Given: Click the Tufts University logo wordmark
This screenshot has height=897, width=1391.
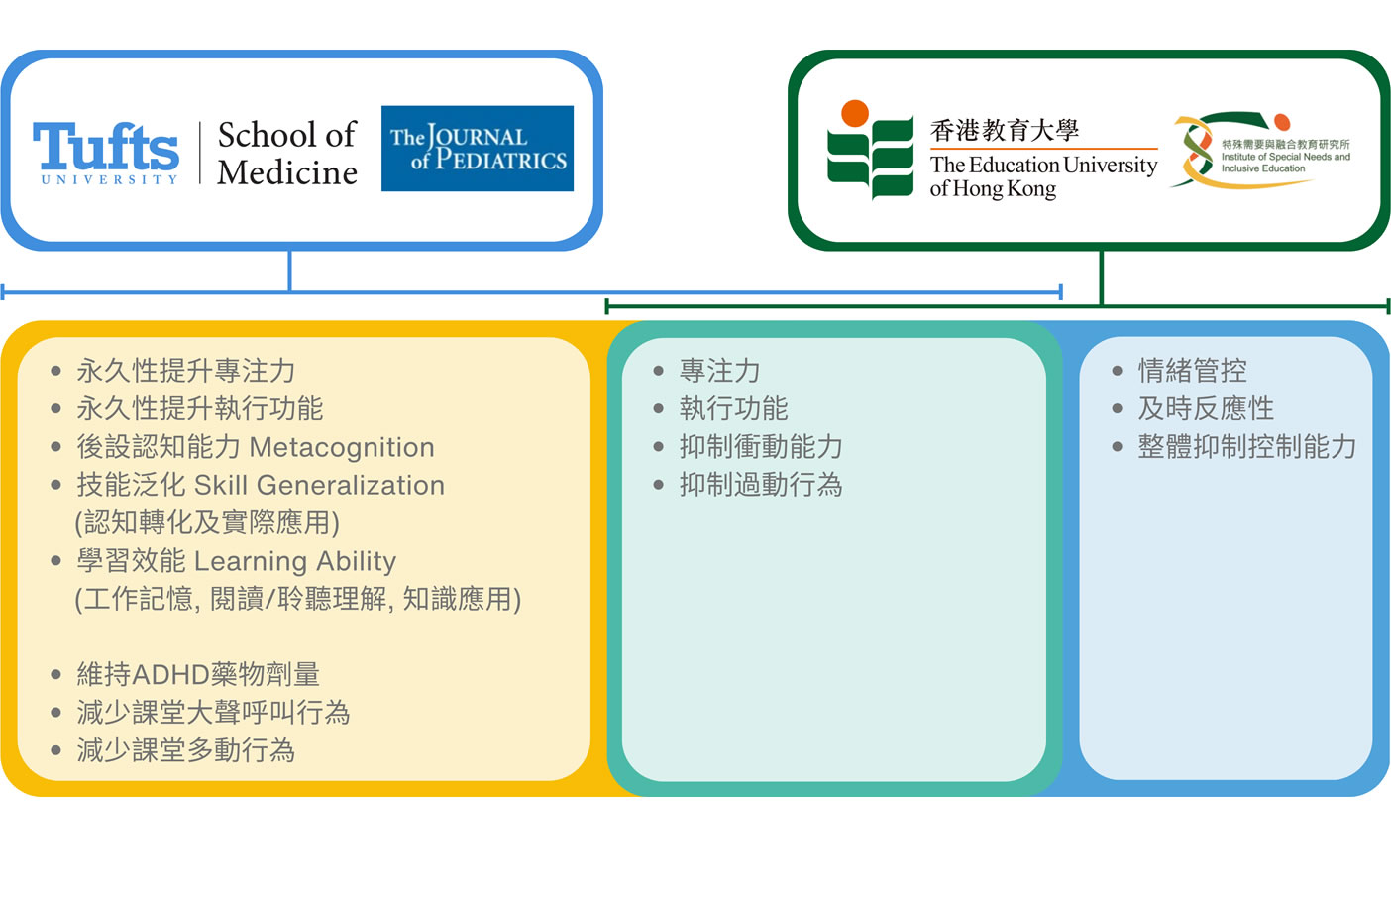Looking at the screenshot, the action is (x=106, y=153).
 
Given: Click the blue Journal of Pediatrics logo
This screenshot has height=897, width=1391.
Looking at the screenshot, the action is (x=477, y=149).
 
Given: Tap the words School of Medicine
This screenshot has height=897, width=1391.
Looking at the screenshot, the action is (x=287, y=153).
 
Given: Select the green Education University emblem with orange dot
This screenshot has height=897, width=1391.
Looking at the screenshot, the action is (x=871, y=150).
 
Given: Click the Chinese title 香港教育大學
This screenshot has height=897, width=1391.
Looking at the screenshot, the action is (x=1005, y=130).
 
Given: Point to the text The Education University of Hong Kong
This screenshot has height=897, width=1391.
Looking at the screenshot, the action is (x=1043, y=176).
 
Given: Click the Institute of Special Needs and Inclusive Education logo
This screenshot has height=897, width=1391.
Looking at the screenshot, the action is (x=1262, y=150).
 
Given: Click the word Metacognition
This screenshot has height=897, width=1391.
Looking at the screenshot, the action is (x=342, y=447).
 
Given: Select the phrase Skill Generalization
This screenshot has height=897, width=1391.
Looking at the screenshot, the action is (x=319, y=485).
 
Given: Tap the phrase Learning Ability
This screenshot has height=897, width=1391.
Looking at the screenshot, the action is (x=295, y=562).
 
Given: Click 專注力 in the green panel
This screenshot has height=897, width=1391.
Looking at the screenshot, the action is (x=719, y=371).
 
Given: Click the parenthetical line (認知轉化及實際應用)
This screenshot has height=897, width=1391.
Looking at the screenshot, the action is (x=207, y=523).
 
